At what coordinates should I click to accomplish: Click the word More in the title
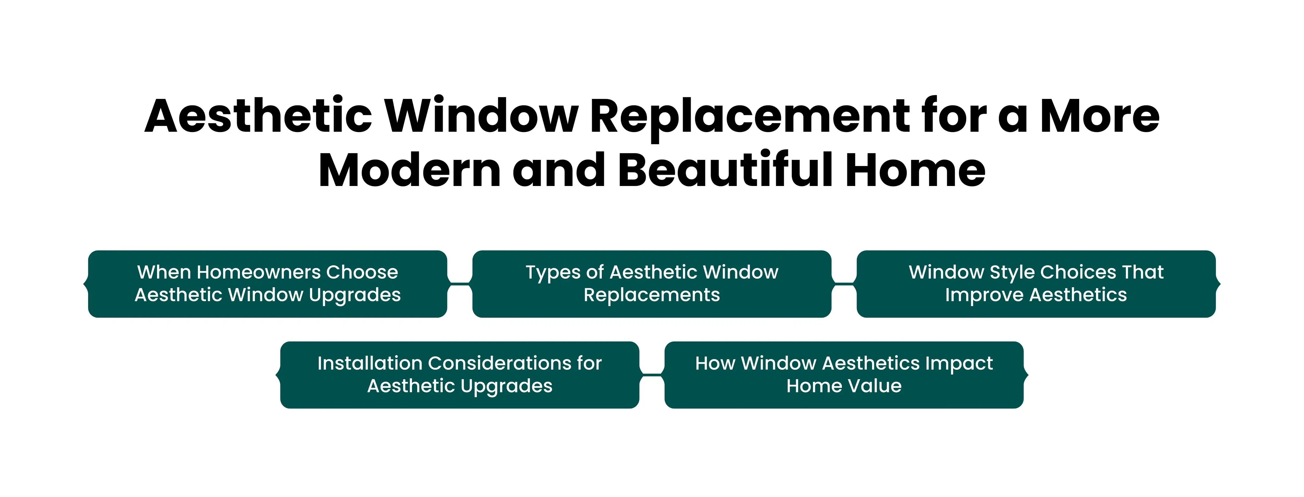click(x=1099, y=117)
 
